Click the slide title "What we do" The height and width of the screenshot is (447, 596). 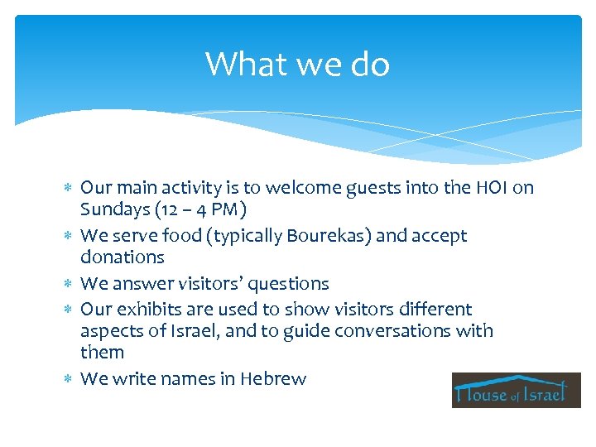click(x=297, y=64)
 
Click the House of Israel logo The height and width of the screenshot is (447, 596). click(x=516, y=390)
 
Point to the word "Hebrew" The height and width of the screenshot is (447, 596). click(x=273, y=379)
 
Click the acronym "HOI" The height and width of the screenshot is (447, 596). click(x=488, y=188)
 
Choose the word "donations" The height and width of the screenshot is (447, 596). click(x=123, y=257)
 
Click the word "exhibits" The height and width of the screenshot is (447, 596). click(x=147, y=310)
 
